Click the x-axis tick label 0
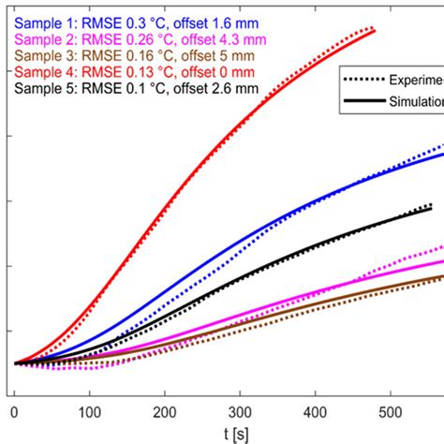point(14,410)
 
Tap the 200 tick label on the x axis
point(165,410)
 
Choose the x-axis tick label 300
point(241,410)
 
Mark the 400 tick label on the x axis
point(317,410)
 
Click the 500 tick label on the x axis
point(392,410)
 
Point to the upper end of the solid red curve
point(375,32)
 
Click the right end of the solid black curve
point(431,209)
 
